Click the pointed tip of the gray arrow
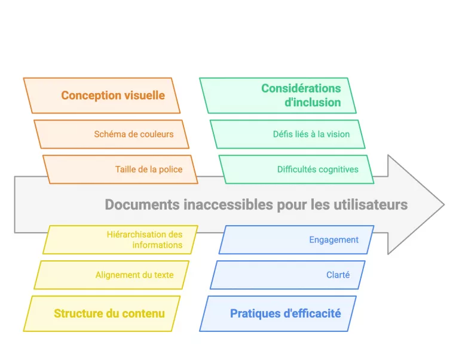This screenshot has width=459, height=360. [x=443, y=205]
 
